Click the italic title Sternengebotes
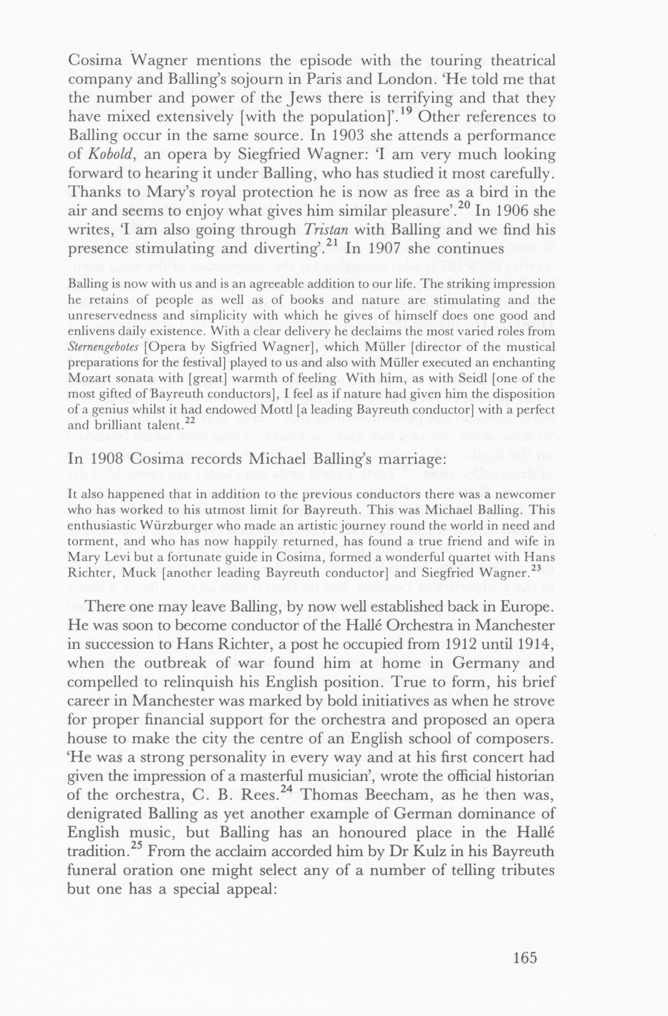click(103, 347)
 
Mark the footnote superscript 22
click(189, 420)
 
